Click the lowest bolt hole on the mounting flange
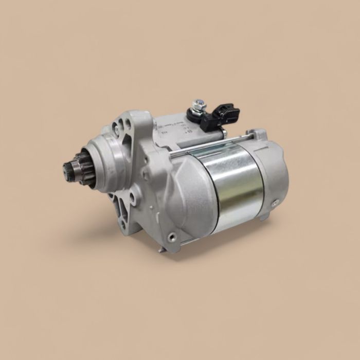pyautogui.click(x=123, y=225)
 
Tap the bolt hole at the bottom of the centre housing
pyautogui.click(x=172, y=237)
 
